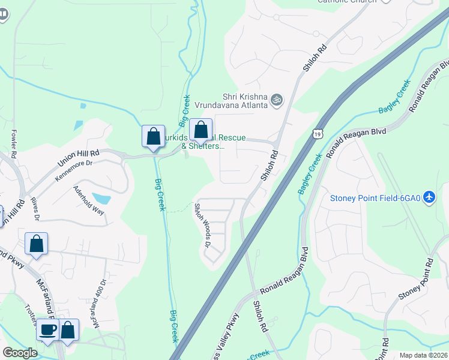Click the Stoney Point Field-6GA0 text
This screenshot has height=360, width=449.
click(375, 198)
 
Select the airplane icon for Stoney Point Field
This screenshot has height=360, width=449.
click(429, 197)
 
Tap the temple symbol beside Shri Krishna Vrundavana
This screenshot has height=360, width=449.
click(276, 99)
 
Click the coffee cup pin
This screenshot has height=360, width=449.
click(48, 329)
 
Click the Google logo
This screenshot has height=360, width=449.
click(20, 353)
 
